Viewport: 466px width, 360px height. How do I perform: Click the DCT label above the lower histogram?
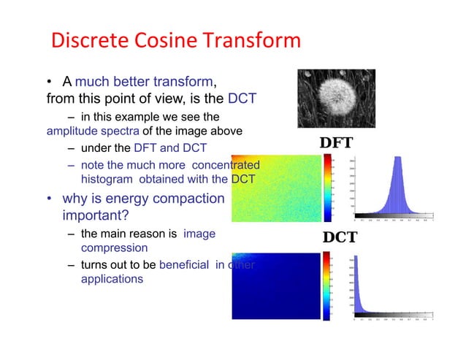click(340, 238)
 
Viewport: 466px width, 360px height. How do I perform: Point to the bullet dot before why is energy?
click(46, 199)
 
